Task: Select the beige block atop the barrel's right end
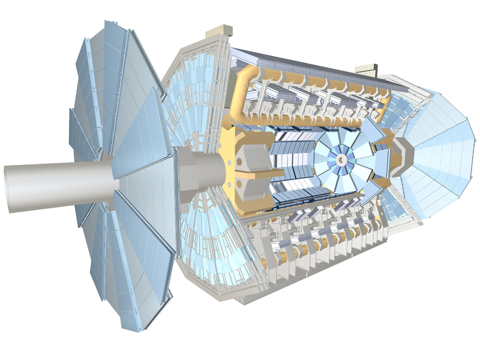(364, 70)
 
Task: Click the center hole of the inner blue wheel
(340, 160)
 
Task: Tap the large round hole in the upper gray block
(245, 151)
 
